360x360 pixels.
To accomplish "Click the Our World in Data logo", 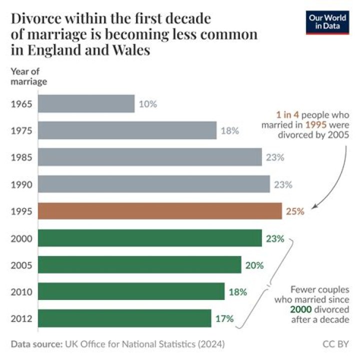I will click(327, 21).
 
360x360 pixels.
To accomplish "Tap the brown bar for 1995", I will click(160, 211).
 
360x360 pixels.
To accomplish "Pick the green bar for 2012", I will click(124, 318).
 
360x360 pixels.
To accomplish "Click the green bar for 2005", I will click(139, 265).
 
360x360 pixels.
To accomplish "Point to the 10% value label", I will click(148, 104).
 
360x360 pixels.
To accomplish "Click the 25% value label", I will click(295, 211).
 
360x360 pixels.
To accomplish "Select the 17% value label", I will click(224, 318).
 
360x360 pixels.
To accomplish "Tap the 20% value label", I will click(254, 265).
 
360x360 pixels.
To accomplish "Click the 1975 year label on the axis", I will click(21, 131).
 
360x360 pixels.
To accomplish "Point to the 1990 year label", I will click(21, 184).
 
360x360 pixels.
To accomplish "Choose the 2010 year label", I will click(21, 291).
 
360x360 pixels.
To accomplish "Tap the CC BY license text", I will click(336, 344).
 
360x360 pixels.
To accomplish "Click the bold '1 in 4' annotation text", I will click(285, 113).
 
